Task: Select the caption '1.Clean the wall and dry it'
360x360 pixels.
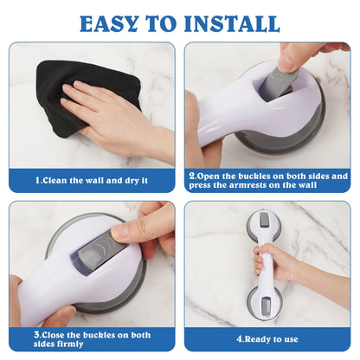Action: [92, 181]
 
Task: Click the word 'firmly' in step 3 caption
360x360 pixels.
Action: [70, 344]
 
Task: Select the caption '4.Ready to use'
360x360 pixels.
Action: [267, 339]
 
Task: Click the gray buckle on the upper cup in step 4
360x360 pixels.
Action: [263, 220]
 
